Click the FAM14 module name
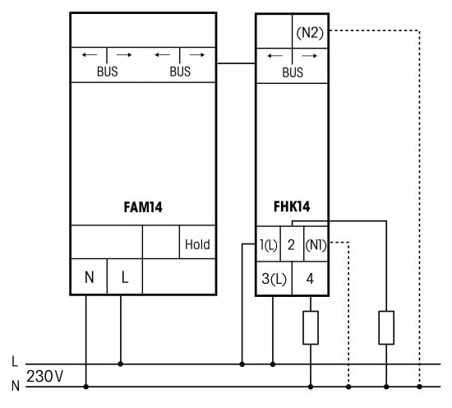[x=143, y=207]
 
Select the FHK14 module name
[x=292, y=206]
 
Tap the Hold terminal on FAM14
[x=197, y=244]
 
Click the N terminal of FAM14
[x=90, y=277]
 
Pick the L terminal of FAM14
[x=125, y=277]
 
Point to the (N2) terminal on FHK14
[x=310, y=33]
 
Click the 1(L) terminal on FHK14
[x=269, y=244]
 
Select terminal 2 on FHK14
[x=291, y=244]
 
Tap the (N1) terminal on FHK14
[x=316, y=245]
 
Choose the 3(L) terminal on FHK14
[x=274, y=279]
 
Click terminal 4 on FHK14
[x=310, y=279]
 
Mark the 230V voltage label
[x=44, y=376]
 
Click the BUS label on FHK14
[x=293, y=72]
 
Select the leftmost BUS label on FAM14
[x=107, y=72]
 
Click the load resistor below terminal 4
[x=311, y=327]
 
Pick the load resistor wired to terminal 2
[x=386, y=327]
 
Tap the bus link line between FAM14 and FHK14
[x=236, y=63]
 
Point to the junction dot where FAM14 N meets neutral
[x=86, y=387]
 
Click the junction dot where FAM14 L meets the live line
[x=121, y=364]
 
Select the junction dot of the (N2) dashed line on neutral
[x=419, y=387]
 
